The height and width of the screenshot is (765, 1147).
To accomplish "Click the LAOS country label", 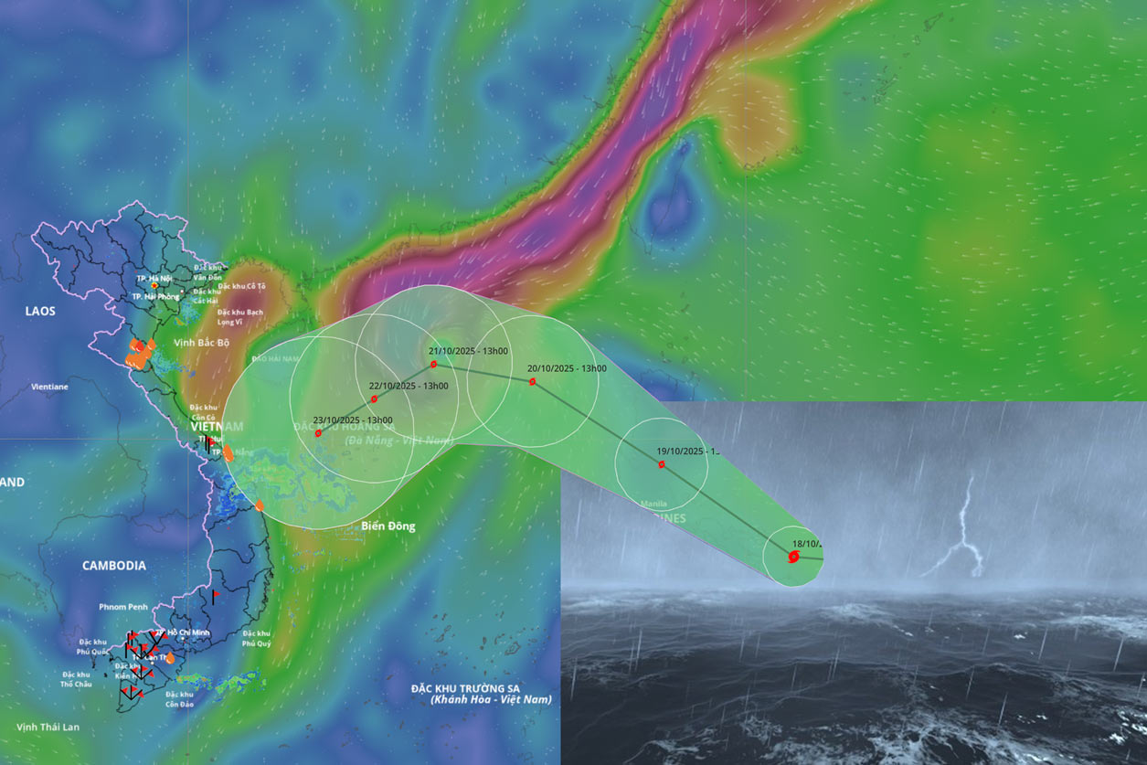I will [x=40, y=311].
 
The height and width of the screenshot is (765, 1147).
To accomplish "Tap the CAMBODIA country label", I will [x=114, y=566].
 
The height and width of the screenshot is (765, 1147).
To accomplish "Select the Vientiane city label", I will [x=49, y=387].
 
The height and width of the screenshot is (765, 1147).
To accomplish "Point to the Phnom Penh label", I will [x=123, y=607].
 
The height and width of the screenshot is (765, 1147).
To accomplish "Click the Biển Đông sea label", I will [x=388, y=526].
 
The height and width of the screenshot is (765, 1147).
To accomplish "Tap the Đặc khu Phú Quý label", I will [x=257, y=638].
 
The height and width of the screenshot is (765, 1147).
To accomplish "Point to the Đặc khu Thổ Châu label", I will [x=75, y=679].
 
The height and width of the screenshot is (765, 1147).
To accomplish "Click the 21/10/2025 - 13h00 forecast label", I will [x=469, y=351].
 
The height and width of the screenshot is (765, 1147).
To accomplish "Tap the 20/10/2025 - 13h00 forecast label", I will [x=567, y=368].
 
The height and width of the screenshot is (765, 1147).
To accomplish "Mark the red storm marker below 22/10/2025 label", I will [x=374, y=399].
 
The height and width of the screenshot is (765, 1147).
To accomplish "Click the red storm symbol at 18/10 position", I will [x=793, y=556].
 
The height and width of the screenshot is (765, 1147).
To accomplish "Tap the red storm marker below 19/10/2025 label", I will [x=661, y=464].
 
